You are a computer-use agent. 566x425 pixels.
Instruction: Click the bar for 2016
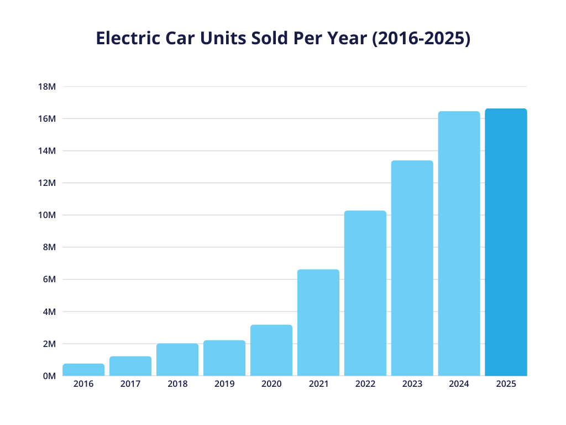click(x=83, y=370)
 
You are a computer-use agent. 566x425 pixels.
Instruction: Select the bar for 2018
click(x=177, y=360)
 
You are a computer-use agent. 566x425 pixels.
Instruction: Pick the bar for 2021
click(x=318, y=323)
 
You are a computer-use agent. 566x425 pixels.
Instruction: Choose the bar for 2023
click(x=412, y=268)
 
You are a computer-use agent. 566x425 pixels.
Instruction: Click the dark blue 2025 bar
click(x=506, y=242)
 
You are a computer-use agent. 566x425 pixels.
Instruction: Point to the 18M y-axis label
click(x=47, y=86)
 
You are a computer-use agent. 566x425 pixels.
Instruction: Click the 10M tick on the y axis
click(x=47, y=215)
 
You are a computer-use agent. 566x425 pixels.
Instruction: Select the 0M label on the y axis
click(x=49, y=376)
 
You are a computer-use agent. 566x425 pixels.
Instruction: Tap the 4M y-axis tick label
click(x=49, y=312)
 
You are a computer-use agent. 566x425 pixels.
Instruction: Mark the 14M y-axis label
click(x=47, y=151)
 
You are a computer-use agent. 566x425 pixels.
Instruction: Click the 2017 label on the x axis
click(x=130, y=384)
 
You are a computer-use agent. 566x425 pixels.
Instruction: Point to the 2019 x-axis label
click(x=224, y=384)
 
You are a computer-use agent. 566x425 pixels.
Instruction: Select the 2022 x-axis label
click(x=365, y=384)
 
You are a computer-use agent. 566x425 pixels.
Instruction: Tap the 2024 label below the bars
click(x=459, y=384)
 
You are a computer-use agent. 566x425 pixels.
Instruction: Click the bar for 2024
click(x=459, y=243)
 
